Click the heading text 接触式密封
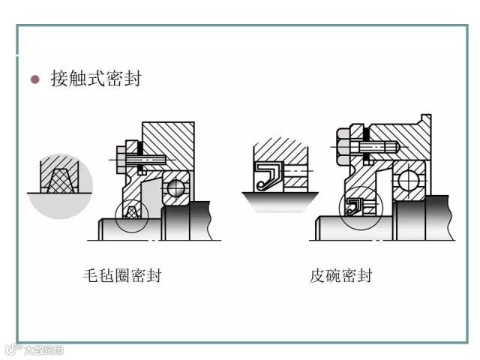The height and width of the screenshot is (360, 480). [x=95, y=79]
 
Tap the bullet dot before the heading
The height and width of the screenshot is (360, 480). [x=34, y=79]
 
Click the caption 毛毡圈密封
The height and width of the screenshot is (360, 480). [x=122, y=275]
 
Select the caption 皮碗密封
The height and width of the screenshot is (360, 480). [x=341, y=275]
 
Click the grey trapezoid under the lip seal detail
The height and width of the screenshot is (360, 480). [x=279, y=200]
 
